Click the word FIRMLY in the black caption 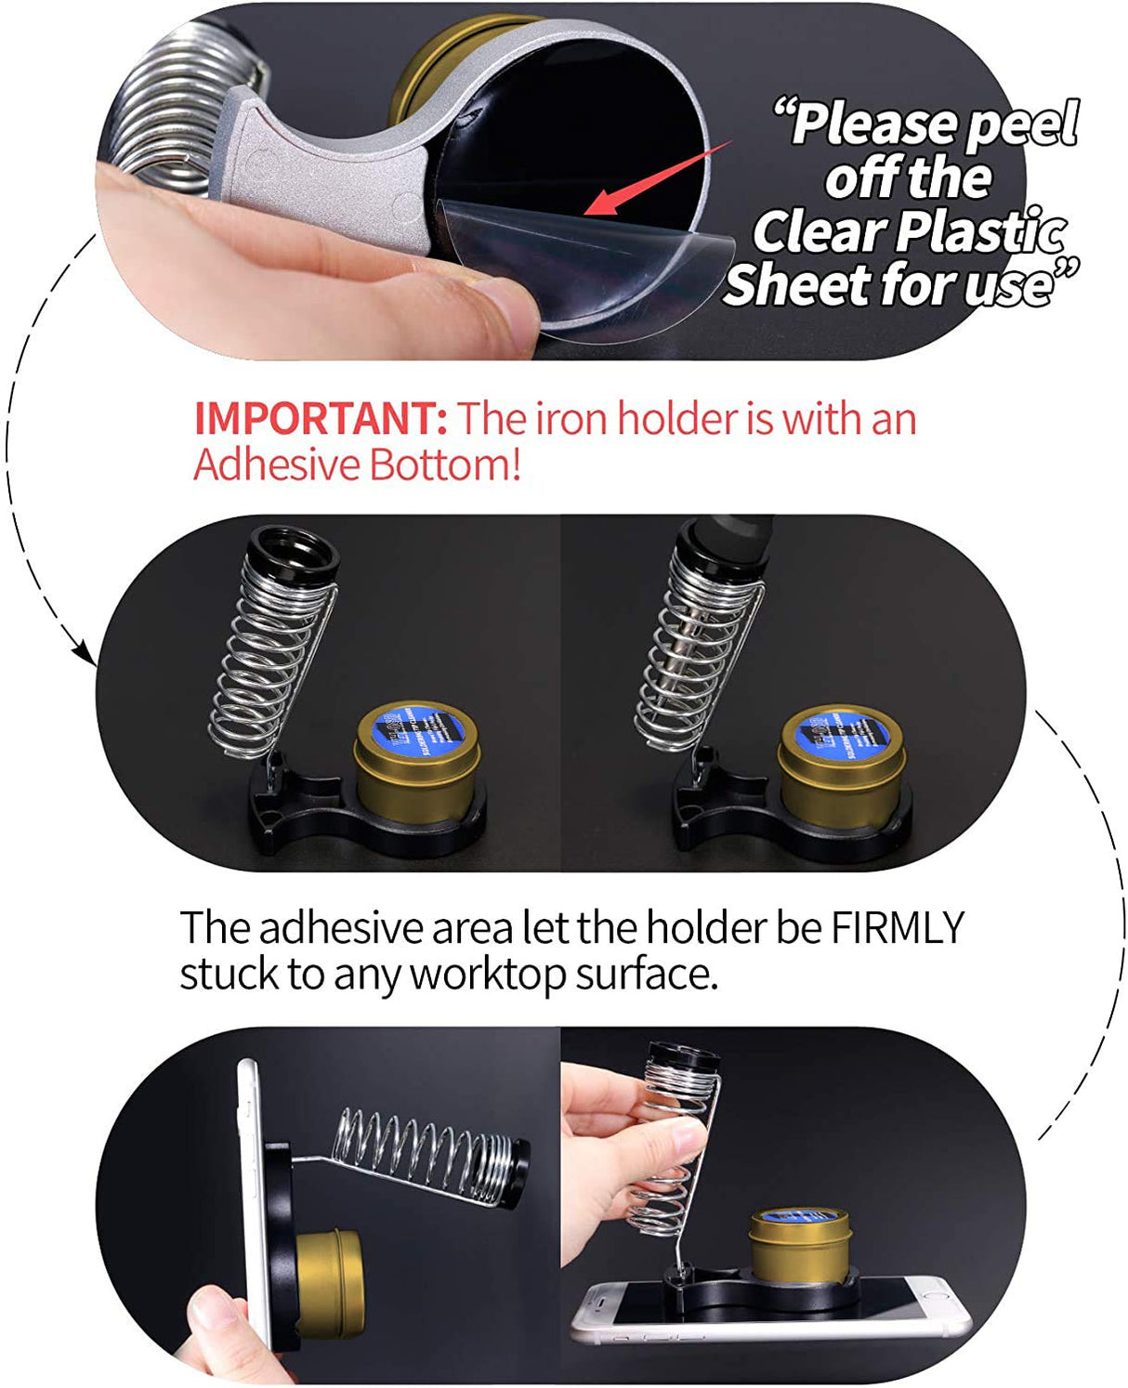pyautogui.click(x=897, y=927)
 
